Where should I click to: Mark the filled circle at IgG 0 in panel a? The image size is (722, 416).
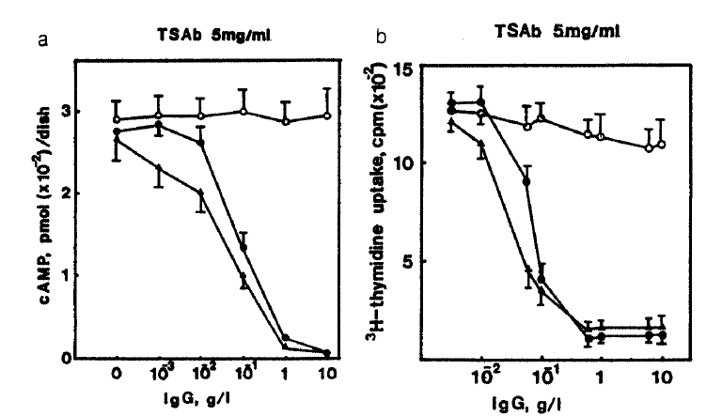(118, 133)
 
